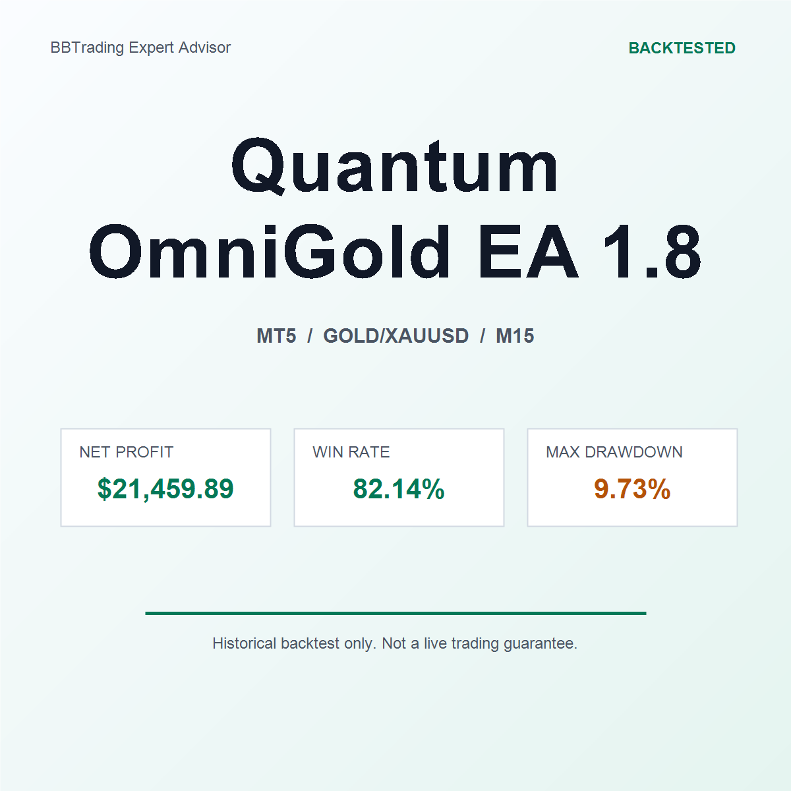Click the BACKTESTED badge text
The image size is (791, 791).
(x=682, y=48)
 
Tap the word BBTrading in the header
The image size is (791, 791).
(x=87, y=48)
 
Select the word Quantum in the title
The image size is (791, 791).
(x=394, y=166)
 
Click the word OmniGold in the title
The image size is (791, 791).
(x=270, y=252)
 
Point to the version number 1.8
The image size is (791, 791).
(x=652, y=252)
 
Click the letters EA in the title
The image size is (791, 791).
(x=528, y=252)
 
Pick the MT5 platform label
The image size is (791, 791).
(x=276, y=336)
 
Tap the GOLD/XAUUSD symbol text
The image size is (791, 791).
(x=395, y=336)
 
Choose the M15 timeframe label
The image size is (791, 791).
(x=515, y=336)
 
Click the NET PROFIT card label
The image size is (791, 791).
(x=127, y=452)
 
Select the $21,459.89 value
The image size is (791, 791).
(x=165, y=489)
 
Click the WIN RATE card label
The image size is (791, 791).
(x=351, y=452)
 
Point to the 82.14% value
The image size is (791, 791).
(x=399, y=489)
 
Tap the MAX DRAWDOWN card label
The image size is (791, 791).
(x=614, y=452)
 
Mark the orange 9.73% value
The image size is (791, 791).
(x=632, y=489)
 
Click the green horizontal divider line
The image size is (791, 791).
(x=395, y=613)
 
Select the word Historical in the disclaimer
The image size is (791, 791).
(x=245, y=643)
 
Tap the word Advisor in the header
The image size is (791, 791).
(x=204, y=47)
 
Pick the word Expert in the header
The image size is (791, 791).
(x=151, y=48)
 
